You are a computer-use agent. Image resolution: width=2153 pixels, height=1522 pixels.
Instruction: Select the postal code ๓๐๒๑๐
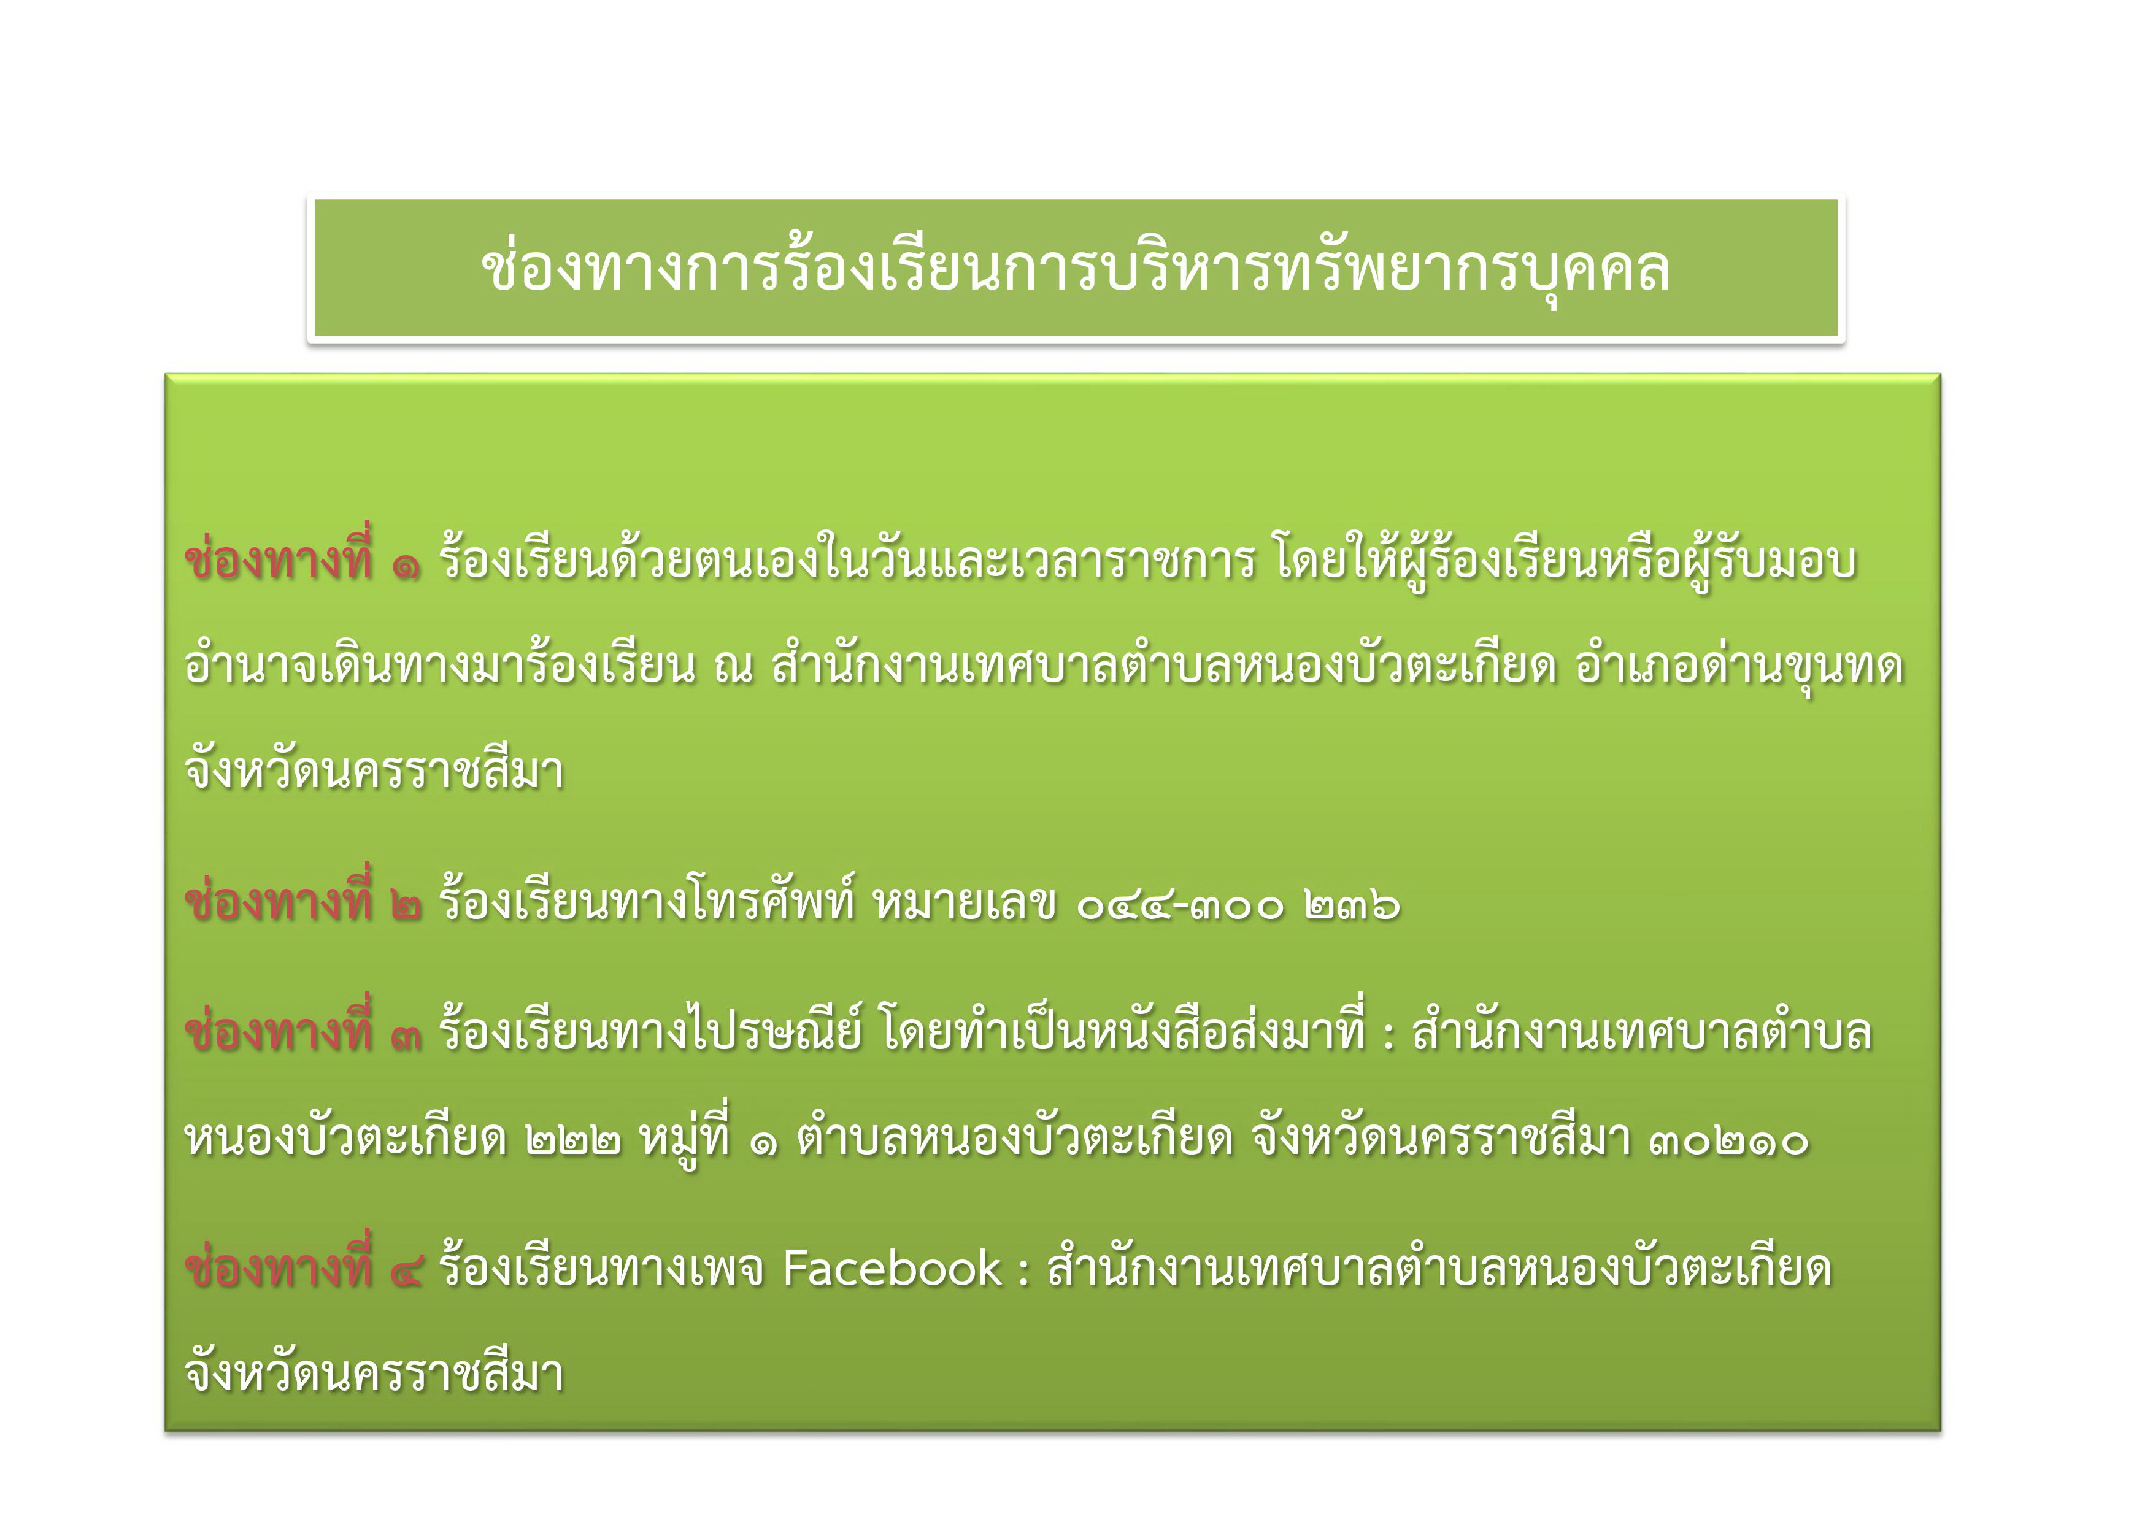tap(1728, 1141)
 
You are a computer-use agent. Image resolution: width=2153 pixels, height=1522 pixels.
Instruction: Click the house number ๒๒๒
tap(573, 1141)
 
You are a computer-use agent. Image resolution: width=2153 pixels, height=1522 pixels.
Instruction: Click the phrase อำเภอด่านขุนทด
tap(1739, 666)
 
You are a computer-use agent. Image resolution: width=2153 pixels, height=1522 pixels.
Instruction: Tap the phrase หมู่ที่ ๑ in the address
tap(708, 1137)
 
